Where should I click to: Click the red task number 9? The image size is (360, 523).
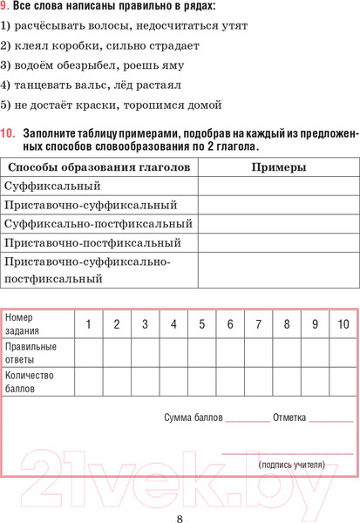[4, 7]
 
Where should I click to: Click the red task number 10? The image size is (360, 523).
[8, 133]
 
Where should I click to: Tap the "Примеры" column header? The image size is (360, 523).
[278, 166]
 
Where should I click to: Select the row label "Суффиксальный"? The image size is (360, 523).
[52, 186]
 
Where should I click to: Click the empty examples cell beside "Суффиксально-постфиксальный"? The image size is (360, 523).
[278, 224]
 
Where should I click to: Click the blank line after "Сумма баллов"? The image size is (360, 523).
[248, 418]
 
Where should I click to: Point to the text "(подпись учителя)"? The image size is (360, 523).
[292, 464]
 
